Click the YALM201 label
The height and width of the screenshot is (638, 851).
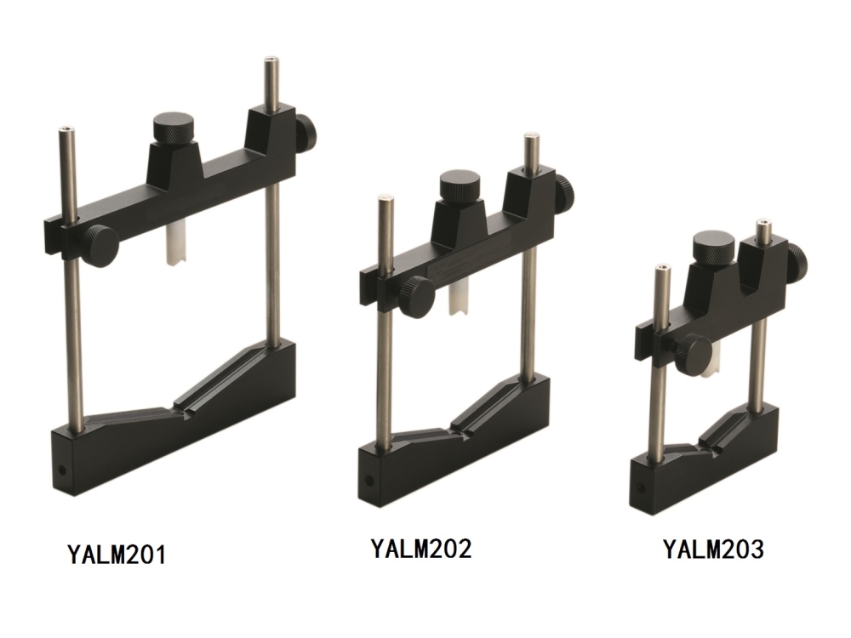tap(117, 554)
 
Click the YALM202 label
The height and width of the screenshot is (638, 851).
tap(421, 548)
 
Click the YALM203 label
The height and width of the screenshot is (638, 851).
tap(714, 549)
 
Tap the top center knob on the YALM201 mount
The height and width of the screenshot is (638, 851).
tap(173, 130)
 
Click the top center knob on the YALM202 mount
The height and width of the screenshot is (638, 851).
tap(460, 186)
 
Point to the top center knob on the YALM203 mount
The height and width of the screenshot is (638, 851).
tap(714, 246)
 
